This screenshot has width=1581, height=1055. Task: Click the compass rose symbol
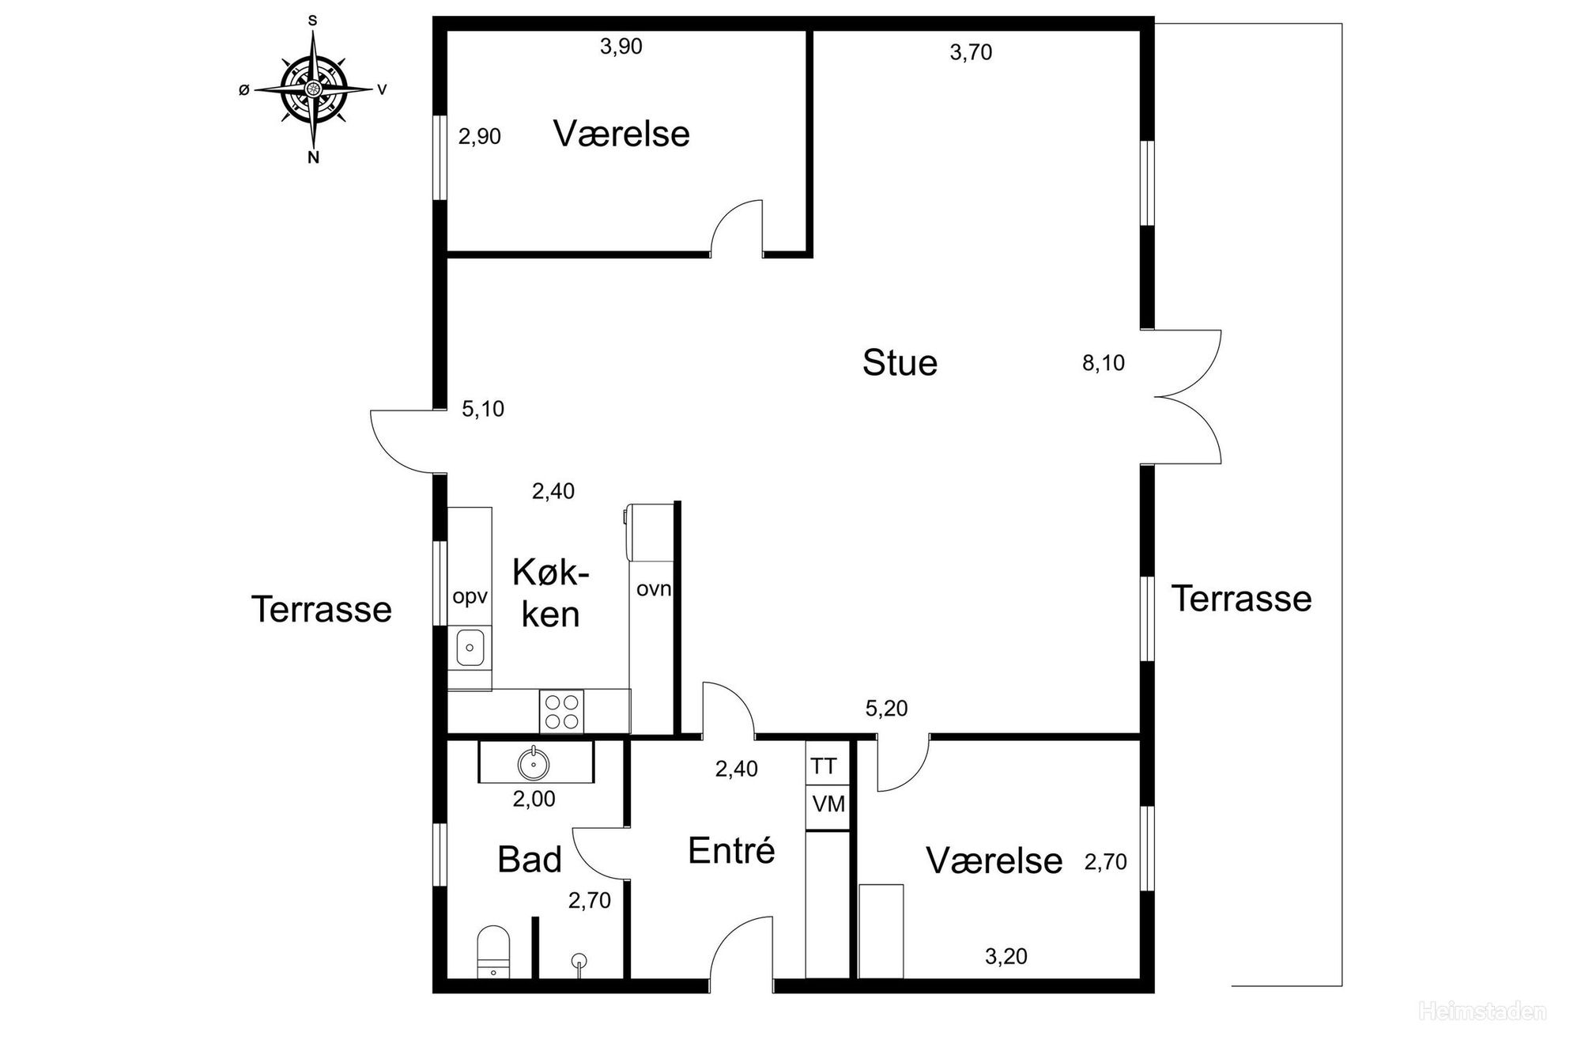coord(314,89)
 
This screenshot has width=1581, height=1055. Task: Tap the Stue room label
coord(900,363)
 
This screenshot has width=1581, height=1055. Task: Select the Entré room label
coord(731,850)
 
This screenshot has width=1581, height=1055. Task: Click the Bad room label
coord(530,860)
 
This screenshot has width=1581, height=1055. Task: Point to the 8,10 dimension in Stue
coord(1103,363)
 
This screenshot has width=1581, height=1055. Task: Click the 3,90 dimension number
coord(621,47)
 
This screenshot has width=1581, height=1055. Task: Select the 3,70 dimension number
coord(971,52)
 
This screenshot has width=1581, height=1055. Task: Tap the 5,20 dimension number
coord(886,709)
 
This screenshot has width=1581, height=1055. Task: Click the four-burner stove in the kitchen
coord(561,711)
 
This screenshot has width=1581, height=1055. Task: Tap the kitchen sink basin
coord(470,649)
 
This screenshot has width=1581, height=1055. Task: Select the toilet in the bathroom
coord(493,952)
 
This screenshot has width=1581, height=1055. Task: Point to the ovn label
coord(654,588)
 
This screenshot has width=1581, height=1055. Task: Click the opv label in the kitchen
coord(470,597)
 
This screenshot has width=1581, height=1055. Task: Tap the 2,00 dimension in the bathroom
coord(534,799)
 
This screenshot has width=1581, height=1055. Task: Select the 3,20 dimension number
coord(1006,956)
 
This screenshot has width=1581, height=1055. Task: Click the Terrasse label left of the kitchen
coord(322,610)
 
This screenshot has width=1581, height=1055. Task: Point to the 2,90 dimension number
coord(480,137)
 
